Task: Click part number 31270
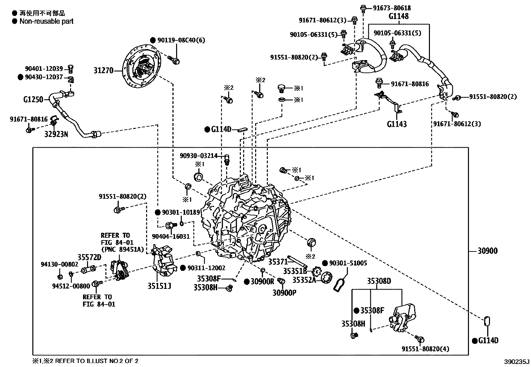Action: click(x=103, y=70)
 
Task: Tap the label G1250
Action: click(x=33, y=99)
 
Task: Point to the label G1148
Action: click(x=398, y=16)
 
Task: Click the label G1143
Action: click(x=397, y=124)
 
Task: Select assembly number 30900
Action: click(x=487, y=251)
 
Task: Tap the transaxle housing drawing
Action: click(x=247, y=220)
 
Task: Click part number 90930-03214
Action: click(x=198, y=156)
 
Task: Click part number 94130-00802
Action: click(x=59, y=264)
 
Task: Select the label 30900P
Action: click(x=284, y=293)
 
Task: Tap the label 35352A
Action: click(x=304, y=280)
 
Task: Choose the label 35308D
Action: click(x=379, y=281)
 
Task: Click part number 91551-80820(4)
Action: click(x=425, y=349)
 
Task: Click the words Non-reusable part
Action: click(x=46, y=21)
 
